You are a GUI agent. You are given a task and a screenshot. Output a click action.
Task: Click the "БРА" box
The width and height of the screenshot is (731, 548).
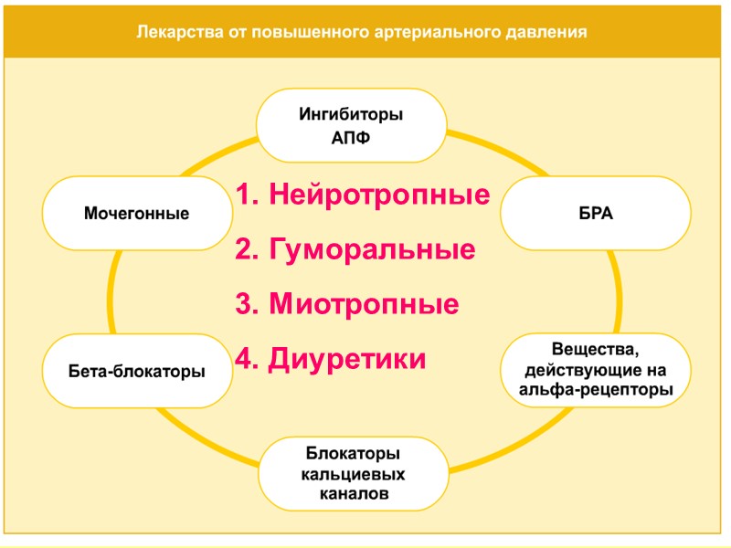tap(596, 214)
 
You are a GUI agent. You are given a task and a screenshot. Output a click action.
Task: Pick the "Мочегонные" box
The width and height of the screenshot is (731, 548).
tap(137, 214)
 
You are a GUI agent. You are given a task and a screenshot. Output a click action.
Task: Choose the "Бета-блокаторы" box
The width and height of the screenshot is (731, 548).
tap(137, 372)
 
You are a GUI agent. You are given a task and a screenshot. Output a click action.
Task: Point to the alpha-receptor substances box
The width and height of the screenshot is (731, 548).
tap(596, 371)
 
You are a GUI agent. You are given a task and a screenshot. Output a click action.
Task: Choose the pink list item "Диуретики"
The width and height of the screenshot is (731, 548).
tap(347, 359)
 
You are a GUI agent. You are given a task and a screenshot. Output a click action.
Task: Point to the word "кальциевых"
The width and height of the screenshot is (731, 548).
tap(351, 476)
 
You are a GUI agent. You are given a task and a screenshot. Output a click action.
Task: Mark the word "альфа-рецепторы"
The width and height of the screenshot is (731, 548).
tap(596, 391)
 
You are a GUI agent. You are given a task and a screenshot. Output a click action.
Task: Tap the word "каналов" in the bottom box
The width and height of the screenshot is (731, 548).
tap(351, 494)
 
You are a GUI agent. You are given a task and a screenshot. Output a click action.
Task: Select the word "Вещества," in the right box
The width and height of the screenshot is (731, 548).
tap(596, 351)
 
